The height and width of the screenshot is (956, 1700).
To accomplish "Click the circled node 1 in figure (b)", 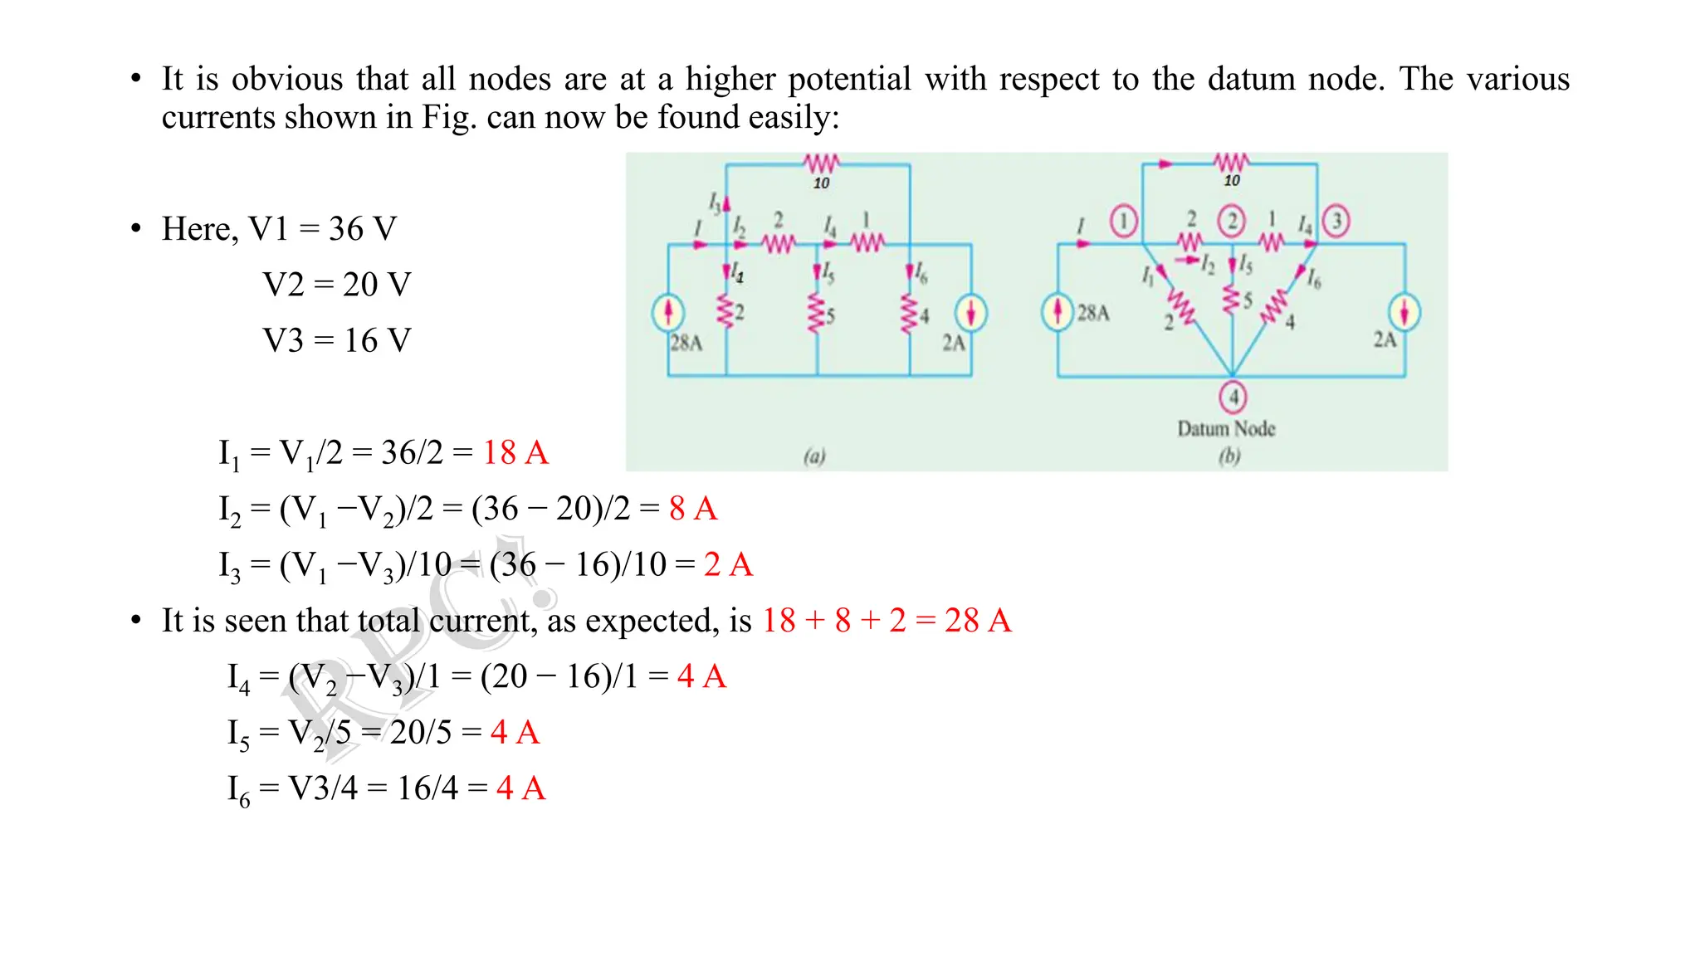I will [x=1123, y=222].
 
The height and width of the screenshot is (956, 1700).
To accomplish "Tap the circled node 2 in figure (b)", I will [x=1232, y=222].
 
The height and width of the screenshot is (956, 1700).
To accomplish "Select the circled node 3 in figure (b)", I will [x=1336, y=222].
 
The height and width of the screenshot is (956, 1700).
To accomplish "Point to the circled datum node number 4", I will [x=1233, y=397].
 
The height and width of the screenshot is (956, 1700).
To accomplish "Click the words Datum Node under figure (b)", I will [x=1226, y=428].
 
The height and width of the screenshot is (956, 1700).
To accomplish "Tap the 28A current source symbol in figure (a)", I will [x=668, y=313].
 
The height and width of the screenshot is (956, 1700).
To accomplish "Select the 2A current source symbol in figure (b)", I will [x=1404, y=312].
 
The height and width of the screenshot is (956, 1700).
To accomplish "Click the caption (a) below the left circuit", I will [x=814, y=456].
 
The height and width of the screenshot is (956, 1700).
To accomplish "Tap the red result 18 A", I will [x=515, y=453].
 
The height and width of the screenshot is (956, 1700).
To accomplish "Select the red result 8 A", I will [x=693, y=509].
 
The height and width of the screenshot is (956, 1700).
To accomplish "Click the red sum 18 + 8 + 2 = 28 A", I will [x=887, y=621].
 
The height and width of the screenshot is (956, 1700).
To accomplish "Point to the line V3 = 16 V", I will [x=336, y=340].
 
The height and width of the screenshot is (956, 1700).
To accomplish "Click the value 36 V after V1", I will [x=363, y=229].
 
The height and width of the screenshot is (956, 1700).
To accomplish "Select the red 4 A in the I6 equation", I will [x=521, y=788].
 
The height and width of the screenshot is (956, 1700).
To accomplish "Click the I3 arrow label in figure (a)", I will [x=716, y=202].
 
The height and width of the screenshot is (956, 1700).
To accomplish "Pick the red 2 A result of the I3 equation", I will [x=728, y=565].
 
